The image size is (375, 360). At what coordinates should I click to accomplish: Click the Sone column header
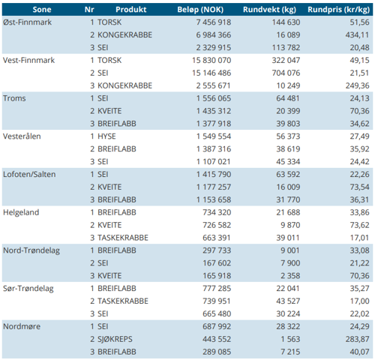coord(42,10)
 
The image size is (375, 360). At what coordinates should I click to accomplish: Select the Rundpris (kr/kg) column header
coord(338,10)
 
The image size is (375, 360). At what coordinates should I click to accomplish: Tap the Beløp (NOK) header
coord(200,10)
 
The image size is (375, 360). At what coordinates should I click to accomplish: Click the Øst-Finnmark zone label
coord(27,22)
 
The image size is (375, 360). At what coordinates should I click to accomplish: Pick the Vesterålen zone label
coord(22,136)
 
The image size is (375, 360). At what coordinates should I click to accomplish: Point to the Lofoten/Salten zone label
coord(29,174)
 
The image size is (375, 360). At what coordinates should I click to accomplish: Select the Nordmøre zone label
coord(22,326)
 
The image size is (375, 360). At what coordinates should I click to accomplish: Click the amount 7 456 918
coord(214,22)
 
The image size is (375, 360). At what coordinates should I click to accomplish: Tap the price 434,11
coord(357,35)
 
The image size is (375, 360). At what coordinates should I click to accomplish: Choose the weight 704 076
coord(286,73)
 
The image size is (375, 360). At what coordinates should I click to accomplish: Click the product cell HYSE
coord(106,136)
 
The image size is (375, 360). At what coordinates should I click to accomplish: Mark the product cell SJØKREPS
coord(115,339)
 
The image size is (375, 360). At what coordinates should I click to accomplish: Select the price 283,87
coord(357,339)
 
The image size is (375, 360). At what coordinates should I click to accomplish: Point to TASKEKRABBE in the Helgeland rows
coord(123,238)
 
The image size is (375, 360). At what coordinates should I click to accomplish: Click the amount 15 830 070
coord(211,60)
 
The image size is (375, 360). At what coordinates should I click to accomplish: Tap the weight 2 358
coord(290,276)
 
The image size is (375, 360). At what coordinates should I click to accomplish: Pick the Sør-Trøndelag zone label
coord(28,289)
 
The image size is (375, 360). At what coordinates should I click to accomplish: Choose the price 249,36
coord(357,85)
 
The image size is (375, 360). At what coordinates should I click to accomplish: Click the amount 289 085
coord(217,352)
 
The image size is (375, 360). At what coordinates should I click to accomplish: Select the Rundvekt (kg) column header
coord(269,10)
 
